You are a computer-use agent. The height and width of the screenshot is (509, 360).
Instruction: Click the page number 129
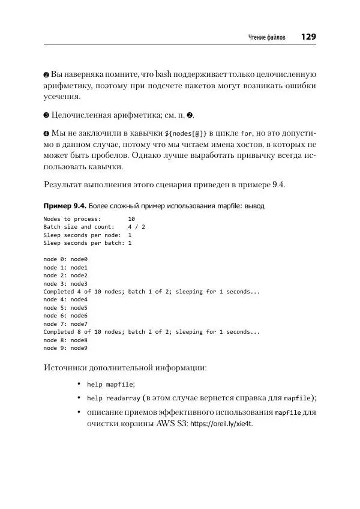tap(308, 37)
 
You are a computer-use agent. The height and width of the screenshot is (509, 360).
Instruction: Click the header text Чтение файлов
tap(267, 38)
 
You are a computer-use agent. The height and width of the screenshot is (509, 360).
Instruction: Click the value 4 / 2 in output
tap(136, 227)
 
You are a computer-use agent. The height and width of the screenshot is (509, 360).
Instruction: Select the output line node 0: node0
tap(65, 259)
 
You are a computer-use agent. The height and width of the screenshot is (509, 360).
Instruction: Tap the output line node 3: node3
tap(65, 283)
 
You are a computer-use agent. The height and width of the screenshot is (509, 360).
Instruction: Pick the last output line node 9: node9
tap(65, 348)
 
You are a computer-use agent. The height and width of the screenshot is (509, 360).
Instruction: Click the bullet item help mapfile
tap(110, 384)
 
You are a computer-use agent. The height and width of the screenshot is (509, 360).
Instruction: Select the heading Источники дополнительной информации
tap(126, 368)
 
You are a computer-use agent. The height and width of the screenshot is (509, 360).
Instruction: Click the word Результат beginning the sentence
tap(65, 184)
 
